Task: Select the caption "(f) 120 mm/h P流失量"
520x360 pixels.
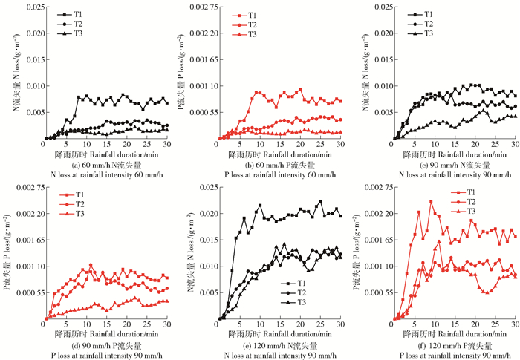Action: point(453,345)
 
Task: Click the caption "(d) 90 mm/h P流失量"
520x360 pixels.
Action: point(105,345)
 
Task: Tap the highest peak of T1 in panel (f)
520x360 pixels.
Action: point(431,201)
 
